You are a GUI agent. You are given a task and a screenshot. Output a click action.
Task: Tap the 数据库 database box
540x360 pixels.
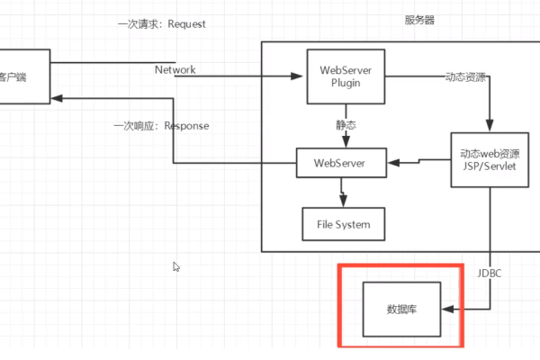(400, 309)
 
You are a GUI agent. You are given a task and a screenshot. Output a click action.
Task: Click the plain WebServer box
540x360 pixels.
(342, 164)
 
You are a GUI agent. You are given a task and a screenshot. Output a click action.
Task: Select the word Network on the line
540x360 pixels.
(175, 69)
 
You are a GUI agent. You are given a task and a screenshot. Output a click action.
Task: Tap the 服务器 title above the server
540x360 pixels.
(418, 19)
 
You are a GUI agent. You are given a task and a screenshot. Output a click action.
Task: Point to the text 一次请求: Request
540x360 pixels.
(161, 24)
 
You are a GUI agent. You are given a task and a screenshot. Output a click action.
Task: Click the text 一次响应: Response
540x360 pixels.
(161, 126)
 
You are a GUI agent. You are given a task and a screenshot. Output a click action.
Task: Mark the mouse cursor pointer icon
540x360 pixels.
(176, 266)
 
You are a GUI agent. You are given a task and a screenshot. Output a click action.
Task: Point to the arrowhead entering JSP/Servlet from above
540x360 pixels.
(489, 128)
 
